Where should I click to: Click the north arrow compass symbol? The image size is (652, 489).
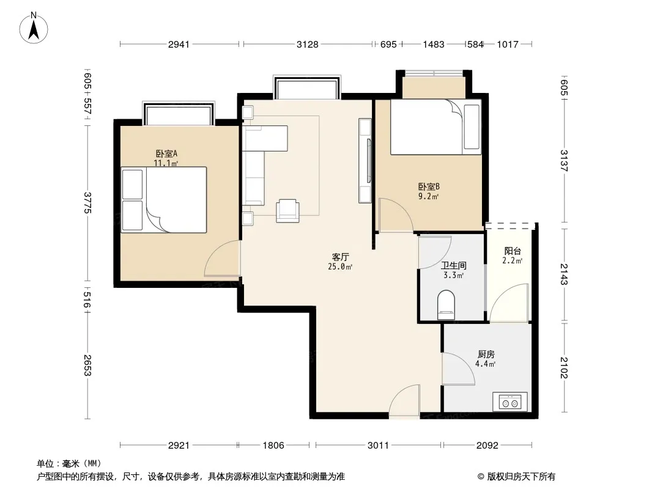tap(34, 28)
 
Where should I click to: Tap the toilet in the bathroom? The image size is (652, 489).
tap(446, 305)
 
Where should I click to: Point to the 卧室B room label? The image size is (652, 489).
tap(429, 187)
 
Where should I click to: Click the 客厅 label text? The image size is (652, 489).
tap(340, 257)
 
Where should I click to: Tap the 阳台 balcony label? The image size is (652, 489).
tap(513, 251)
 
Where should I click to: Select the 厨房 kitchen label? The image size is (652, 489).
tap(486, 355)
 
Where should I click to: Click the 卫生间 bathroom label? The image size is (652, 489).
tap(453, 265)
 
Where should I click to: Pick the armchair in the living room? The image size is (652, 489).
tap(287, 211)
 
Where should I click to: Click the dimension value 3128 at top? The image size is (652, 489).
tap(307, 44)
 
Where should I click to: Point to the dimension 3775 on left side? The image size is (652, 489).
tap(87, 203)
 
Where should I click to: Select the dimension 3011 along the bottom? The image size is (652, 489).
tap(378, 446)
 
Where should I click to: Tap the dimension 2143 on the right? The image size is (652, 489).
tap(564, 274)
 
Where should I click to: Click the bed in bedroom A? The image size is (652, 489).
tap(164, 200)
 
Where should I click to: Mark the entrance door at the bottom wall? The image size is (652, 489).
tap(404, 400)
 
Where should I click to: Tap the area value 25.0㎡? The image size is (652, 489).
tap(340, 267)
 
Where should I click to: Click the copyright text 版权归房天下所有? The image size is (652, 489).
tap(521, 477)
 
